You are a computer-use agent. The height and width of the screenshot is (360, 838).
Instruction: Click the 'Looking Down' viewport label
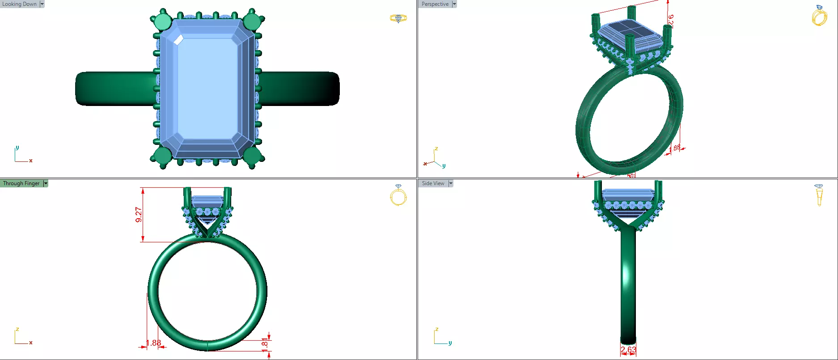tap(19, 4)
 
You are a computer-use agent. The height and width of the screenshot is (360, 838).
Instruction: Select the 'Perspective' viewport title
tap(435, 4)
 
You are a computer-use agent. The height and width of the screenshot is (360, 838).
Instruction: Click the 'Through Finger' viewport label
tap(21, 183)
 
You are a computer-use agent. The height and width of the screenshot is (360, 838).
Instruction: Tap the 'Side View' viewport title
tap(433, 183)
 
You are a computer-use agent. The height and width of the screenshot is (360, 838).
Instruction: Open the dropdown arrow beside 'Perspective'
tap(454, 4)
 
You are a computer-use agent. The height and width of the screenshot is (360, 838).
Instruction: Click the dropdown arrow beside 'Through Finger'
tap(46, 183)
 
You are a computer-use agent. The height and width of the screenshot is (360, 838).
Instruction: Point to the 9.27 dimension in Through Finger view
tap(139, 215)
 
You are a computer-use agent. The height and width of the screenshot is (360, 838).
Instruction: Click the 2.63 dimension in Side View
tap(628, 350)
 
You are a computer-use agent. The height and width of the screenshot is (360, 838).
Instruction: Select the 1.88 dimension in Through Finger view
tap(153, 343)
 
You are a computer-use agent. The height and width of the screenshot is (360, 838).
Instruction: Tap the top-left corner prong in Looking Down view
tap(162, 21)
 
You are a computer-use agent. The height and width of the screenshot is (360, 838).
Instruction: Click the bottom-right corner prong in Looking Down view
tap(252, 156)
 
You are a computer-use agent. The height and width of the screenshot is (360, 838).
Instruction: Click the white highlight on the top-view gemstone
tap(178, 40)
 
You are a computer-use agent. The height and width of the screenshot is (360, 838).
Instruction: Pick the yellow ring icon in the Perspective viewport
tap(819, 16)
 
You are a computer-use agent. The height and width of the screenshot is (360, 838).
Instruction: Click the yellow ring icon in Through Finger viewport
tap(398, 195)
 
